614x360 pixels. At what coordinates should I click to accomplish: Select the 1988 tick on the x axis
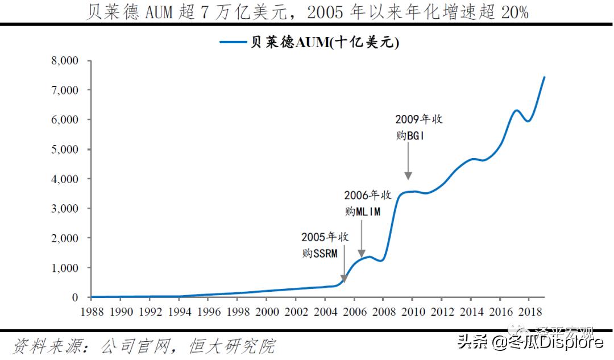point(92,312)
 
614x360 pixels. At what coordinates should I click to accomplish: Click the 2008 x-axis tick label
point(383,312)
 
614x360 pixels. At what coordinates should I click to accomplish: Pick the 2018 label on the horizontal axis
point(528,312)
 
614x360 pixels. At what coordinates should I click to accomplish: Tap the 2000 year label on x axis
point(266,312)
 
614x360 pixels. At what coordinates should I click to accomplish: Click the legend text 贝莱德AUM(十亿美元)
point(325,43)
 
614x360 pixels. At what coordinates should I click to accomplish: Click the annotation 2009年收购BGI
point(418,128)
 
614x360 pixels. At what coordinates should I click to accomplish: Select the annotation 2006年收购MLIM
point(368,203)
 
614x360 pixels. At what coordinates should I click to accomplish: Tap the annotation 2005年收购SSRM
point(325,245)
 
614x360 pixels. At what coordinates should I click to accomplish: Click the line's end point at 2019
point(544,77)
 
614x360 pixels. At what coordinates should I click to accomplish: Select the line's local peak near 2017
point(516,110)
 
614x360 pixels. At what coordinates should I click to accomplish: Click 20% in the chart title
point(515,12)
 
